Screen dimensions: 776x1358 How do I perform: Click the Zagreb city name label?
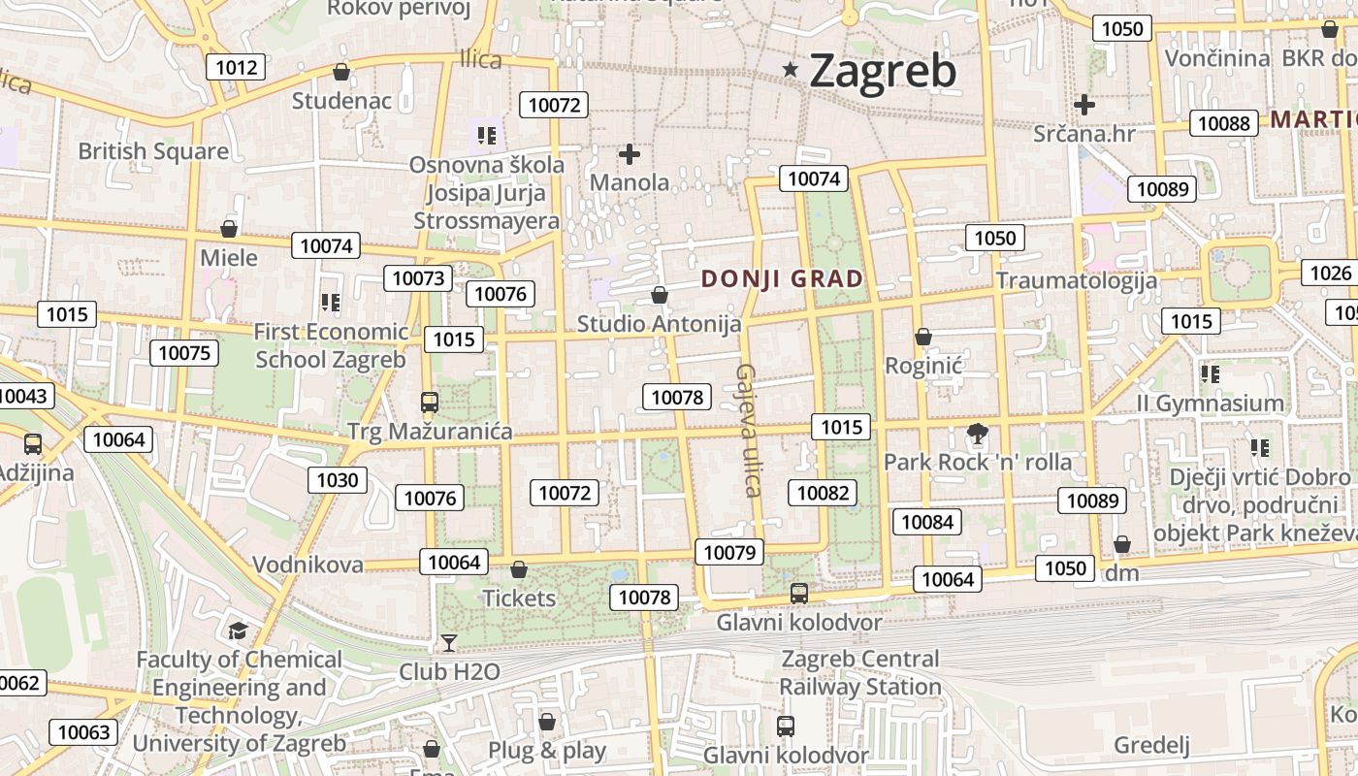pos(882,71)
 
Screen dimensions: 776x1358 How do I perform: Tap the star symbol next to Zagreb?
pos(792,69)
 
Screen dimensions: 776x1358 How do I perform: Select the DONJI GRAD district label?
pos(782,279)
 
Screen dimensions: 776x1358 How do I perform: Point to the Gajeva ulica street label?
pos(747,430)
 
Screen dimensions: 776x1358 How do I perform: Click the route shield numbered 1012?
pos(237,67)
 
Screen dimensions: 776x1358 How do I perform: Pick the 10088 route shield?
pos(1224,122)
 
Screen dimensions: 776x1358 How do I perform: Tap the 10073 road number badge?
pos(418,278)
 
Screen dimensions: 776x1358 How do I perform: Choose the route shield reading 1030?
pos(338,479)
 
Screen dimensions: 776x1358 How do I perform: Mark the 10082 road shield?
pos(823,493)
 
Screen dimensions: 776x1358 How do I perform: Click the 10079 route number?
pos(728,553)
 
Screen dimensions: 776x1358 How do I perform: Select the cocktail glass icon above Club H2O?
pos(449,642)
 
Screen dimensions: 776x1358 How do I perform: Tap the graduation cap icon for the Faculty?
pos(238,631)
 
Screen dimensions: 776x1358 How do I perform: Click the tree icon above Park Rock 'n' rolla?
pos(977,434)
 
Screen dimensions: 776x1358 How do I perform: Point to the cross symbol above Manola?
pos(630,153)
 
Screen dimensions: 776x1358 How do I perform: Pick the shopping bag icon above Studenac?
pos(341,72)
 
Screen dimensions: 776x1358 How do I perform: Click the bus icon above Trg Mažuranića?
pos(429,402)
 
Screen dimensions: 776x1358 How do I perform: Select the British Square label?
pos(153,151)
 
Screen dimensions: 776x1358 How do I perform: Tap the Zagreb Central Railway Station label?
pos(860,672)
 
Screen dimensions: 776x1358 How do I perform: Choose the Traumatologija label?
pos(1076,281)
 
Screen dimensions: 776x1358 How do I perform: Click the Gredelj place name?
pos(1151,745)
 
